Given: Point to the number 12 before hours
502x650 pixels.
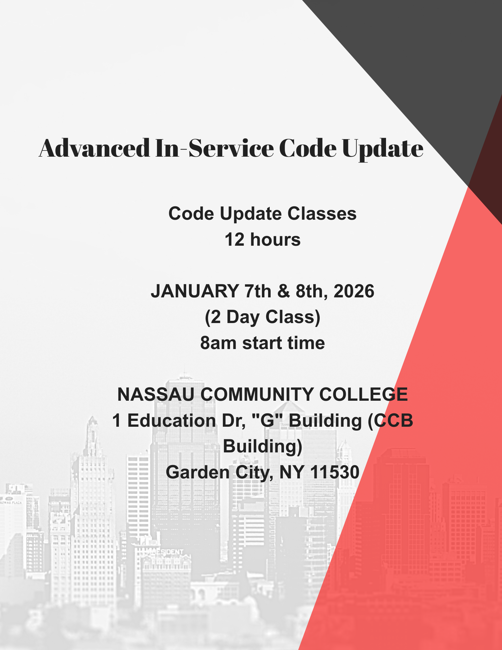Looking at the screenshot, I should click(x=234, y=240).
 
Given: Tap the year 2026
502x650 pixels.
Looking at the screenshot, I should click(x=354, y=291).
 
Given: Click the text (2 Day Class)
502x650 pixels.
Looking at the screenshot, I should click(x=263, y=317).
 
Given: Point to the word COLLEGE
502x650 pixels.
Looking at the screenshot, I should click(x=363, y=395).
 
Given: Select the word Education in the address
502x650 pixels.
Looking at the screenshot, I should click(x=172, y=421).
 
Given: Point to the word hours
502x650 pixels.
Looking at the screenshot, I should click(x=275, y=240).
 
